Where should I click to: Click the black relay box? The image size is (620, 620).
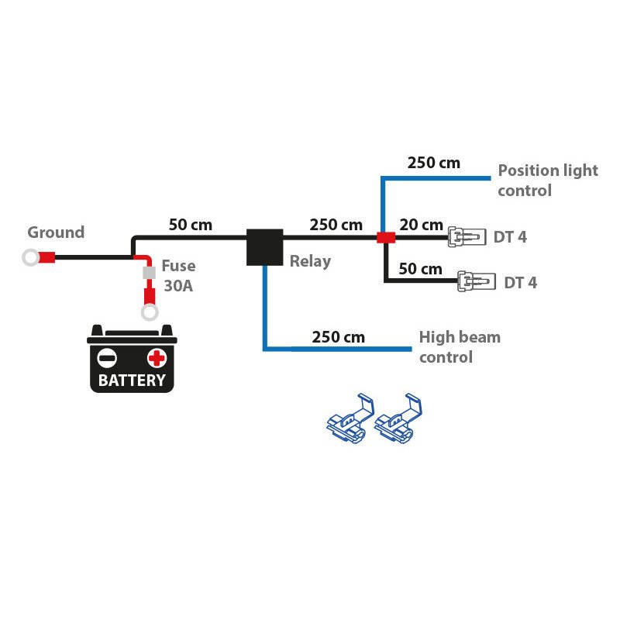coord(264,247)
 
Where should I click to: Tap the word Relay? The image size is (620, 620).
coord(310,261)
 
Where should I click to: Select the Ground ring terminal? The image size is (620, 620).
coord(31,257)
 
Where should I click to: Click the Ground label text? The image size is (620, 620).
coord(56,232)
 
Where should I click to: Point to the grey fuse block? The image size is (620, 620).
coord(147,274)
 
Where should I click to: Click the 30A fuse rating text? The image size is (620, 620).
coord(178,285)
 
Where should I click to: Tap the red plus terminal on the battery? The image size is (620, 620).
coord(157,357)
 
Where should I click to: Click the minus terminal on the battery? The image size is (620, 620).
coord(106,357)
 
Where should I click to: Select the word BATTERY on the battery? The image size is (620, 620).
coord(132,381)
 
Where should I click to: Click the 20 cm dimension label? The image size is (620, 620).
coord(421,226)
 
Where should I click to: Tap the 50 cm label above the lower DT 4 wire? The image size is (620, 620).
coord(420,270)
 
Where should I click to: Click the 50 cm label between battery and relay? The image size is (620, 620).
coord(190,226)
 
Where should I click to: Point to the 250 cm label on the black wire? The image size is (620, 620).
coord(336,226)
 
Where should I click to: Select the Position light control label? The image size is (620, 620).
coord(547,180)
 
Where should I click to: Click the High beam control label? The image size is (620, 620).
coord(459,347)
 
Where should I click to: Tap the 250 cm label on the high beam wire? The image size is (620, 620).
coord(338,337)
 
